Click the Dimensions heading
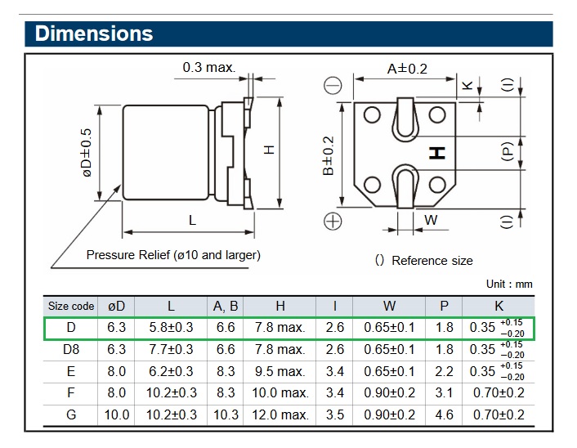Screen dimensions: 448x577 [94, 34]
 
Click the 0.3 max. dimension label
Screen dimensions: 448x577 [208, 66]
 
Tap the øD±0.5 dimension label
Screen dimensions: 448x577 [87, 162]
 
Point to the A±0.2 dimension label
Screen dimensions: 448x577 [406, 69]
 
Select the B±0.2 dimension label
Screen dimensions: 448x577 [329, 155]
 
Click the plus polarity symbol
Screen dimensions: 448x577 [333, 220]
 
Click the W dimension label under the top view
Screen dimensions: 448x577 [431, 219]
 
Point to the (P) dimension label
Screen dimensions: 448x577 [507, 151]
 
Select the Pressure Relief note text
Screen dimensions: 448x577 [173, 254]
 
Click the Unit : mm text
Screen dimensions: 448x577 [508, 284]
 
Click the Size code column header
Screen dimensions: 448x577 [71, 306]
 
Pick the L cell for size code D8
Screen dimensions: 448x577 [171, 349]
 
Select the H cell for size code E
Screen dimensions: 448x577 [280, 370]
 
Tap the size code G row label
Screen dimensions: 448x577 [71, 414]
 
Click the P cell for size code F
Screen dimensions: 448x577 [444, 392]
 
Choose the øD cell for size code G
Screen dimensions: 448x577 [117, 414]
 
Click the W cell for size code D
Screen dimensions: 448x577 [389, 327]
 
